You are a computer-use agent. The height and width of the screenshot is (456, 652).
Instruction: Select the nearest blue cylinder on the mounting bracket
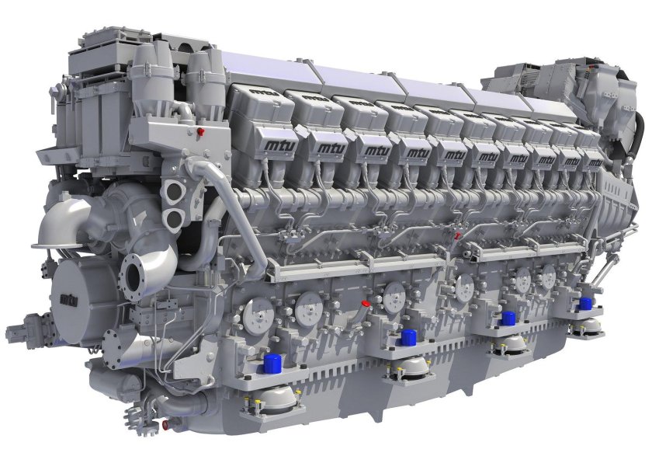pos(272,364)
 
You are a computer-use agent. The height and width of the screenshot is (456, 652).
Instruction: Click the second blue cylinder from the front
pos(408,336)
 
